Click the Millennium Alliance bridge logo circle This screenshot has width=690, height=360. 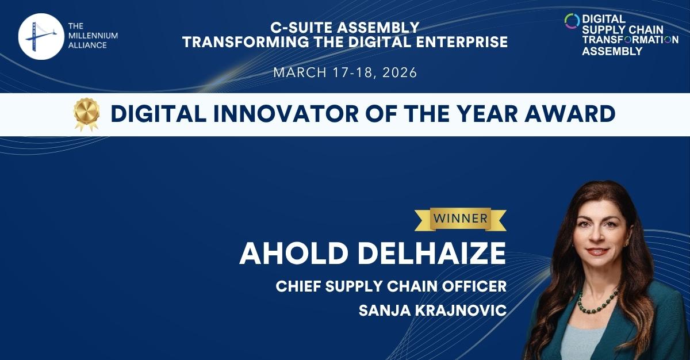point(40,37)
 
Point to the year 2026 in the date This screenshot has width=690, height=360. point(397,72)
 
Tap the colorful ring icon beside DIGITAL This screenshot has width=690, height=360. point(572,21)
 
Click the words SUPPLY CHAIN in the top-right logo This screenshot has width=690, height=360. point(623,29)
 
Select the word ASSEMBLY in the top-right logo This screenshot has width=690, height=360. point(612,51)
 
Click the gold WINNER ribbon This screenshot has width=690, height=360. point(460,219)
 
